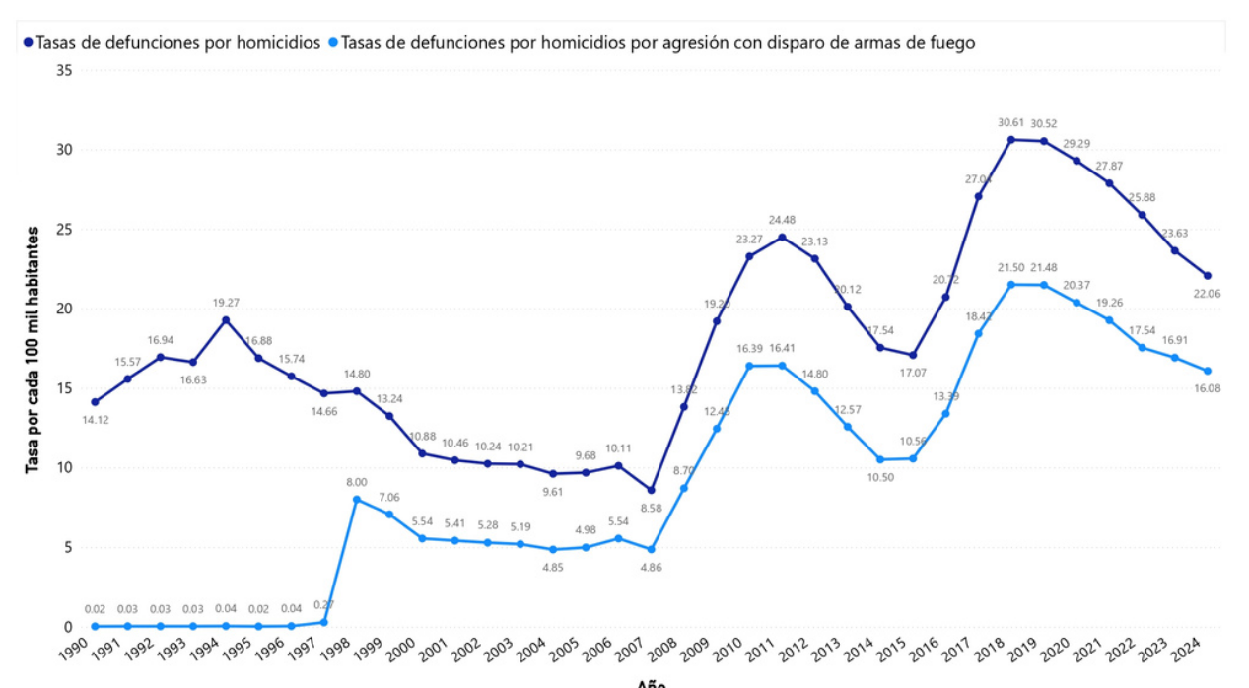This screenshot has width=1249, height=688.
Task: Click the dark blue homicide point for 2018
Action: point(1010,140)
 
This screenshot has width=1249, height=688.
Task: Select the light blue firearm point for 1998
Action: point(356,500)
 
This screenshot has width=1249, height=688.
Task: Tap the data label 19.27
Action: point(226,303)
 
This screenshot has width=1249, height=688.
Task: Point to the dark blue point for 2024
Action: point(1207,276)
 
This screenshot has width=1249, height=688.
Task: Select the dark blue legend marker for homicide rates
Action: point(28,43)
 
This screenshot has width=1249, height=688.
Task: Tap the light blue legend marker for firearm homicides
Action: point(333,43)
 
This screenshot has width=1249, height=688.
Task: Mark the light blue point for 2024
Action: point(1207,371)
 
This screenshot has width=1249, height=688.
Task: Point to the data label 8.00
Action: point(356,482)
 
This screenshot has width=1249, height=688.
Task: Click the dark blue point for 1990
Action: point(95,402)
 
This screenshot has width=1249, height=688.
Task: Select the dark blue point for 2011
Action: point(782,238)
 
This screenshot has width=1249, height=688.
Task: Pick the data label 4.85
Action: point(553,568)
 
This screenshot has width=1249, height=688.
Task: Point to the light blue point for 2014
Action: point(879,459)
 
